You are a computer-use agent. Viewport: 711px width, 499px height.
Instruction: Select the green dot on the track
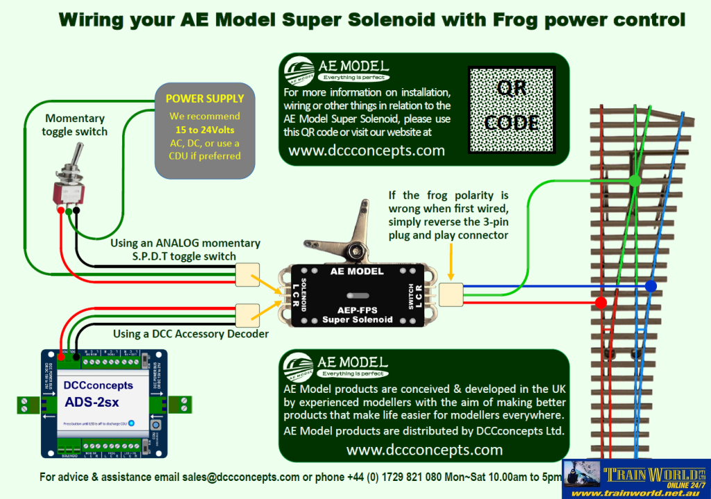pyautogui.click(x=635, y=181)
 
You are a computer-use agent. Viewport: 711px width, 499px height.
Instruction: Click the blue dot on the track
pyautogui.click(x=651, y=286)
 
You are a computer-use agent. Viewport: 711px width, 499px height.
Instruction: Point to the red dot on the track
pyautogui.click(x=602, y=303)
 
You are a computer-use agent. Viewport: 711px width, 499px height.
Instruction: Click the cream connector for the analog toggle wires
pyautogui.click(x=248, y=274)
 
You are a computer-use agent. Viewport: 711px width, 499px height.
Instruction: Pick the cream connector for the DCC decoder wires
pyautogui.click(x=248, y=314)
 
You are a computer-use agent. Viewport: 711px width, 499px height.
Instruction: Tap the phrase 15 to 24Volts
pyautogui.click(x=204, y=129)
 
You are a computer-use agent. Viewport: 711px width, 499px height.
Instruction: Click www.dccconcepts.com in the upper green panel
pyautogui.click(x=367, y=151)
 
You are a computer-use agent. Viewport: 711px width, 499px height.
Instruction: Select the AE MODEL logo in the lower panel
pyautogui.click(x=337, y=366)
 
